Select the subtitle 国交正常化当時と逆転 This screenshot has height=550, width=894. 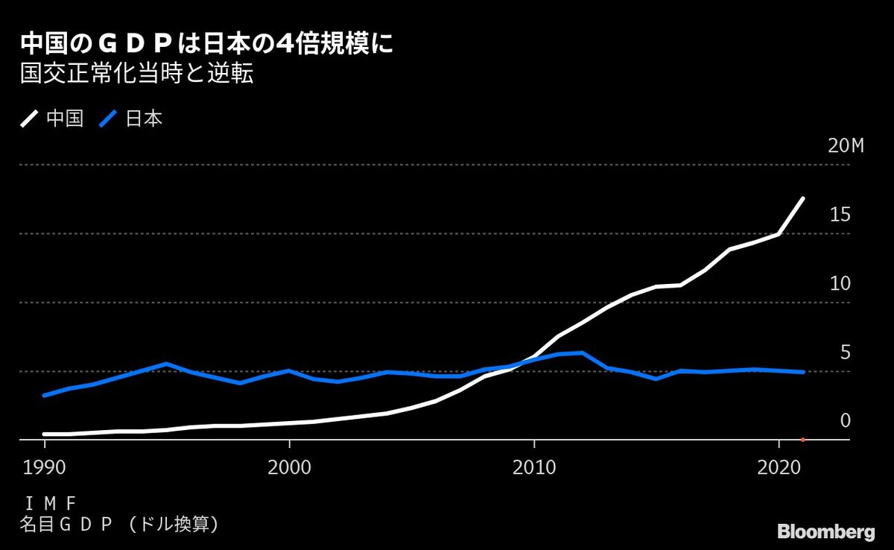click(x=136, y=76)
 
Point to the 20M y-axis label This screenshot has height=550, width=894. click(x=846, y=146)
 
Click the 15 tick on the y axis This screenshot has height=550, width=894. click(x=840, y=215)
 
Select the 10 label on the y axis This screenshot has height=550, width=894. click(x=840, y=284)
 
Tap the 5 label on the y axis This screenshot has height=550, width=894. click(x=845, y=353)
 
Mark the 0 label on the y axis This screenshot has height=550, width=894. click(x=845, y=421)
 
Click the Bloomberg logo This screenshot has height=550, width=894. click(x=825, y=532)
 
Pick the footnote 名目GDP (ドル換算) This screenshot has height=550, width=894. click(x=119, y=525)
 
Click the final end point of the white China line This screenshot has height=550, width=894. click(x=803, y=198)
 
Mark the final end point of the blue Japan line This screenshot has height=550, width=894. click(x=803, y=372)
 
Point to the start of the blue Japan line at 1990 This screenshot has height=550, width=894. click(x=45, y=395)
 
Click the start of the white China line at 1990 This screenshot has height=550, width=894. click(x=45, y=434)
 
